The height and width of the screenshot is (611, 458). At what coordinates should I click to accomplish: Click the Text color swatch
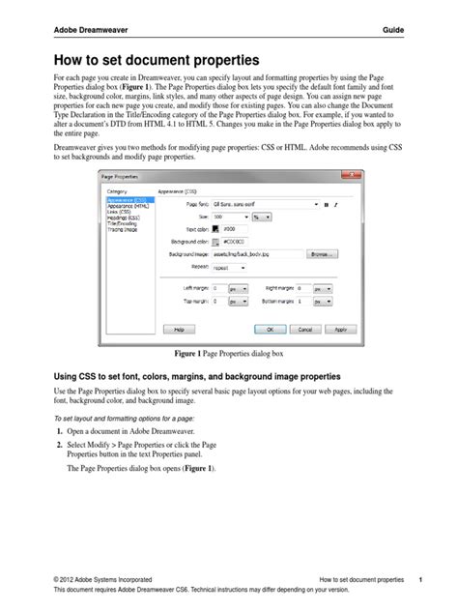pos(215,229)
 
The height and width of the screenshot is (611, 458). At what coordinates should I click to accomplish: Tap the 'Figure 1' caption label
pos(192,355)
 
